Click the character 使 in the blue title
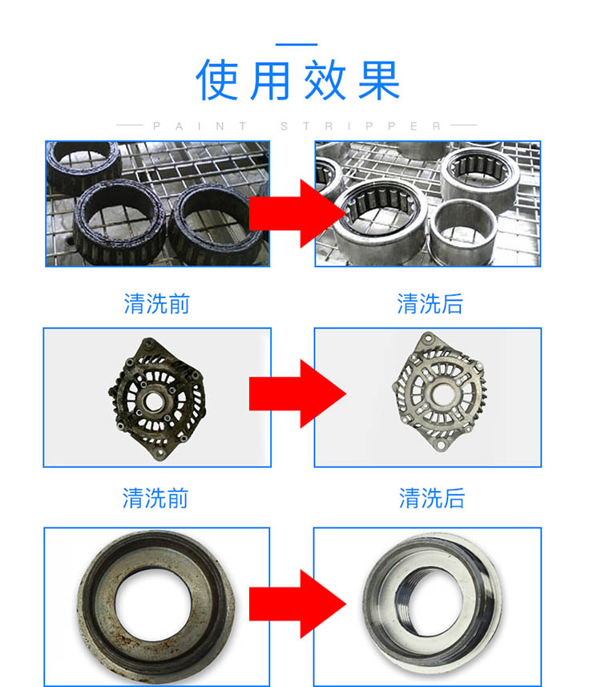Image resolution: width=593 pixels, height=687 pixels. (x=216, y=79)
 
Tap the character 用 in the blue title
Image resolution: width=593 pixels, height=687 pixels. (x=269, y=79)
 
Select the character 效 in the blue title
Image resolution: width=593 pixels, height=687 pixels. (x=325, y=79)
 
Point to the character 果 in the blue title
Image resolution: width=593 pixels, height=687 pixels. (x=379, y=79)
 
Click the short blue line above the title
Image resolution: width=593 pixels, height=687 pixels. (x=296, y=44)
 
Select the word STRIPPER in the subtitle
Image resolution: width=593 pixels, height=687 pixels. (x=360, y=126)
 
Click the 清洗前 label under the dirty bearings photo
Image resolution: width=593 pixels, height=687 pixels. (x=156, y=304)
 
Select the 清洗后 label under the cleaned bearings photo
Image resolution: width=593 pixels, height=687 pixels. (x=430, y=304)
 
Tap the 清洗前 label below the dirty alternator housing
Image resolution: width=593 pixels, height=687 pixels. (x=155, y=498)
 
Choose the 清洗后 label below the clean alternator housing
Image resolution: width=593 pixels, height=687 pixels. (x=431, y=498)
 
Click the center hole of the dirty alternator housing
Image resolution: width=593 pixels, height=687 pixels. (x=153, y=401)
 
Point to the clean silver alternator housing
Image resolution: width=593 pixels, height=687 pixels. (x=439, y=391)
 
